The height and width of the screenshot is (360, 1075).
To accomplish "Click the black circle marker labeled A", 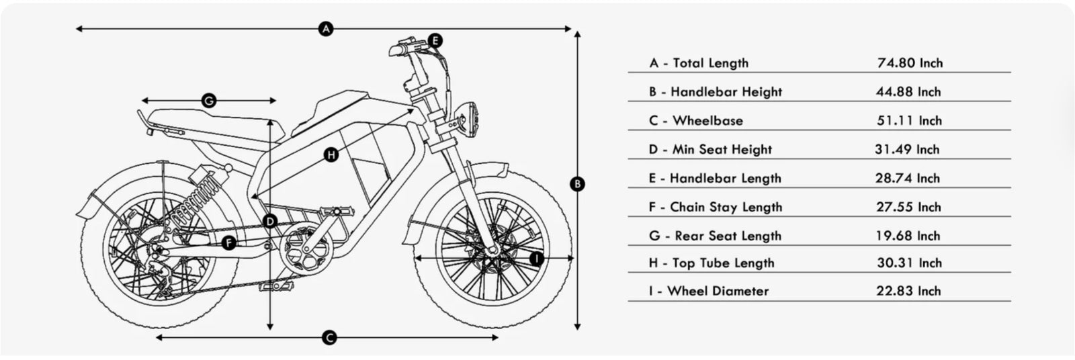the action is pyautogui.click(x=326, y=29).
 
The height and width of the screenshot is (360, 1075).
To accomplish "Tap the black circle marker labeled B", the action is pyautogui.click(x=577, y=183).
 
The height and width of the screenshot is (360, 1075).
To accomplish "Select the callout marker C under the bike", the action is pyautogui.click(x=329, y=338).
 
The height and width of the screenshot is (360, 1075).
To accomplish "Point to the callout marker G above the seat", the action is pyautogui.click(x=209, y=101).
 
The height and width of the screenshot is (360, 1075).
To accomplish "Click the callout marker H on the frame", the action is pyautogui.click(x=331, y=155).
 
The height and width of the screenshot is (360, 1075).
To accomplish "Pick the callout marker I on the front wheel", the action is pyautogui.click(x=537, y=259).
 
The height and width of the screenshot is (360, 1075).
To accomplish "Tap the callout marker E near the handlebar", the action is pyautogui.click(x=435, y=40).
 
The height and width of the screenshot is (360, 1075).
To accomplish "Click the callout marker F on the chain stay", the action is pyautogui.click(x=229, y=243).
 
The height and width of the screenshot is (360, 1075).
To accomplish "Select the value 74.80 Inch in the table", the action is pyautogui.click(x=910, y=63).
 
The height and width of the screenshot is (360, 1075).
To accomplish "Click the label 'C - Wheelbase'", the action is pyautogui.click(x=696, y=120).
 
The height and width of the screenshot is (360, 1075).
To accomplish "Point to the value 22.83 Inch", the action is pyautogui.click(x=908, y=291).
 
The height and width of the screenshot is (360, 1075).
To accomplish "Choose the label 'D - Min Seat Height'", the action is pyautogui.click(x=710, y=149).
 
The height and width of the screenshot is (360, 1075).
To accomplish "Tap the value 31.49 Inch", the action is pyautogui.click(x=907, y=149).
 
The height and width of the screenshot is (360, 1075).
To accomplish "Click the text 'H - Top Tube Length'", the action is pyautogui.click(x=712, y=263).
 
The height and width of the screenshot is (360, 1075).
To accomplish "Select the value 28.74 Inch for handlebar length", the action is pyautogui.click(x=908, y=178).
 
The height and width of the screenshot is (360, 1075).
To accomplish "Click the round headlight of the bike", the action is pyautogui.click(x=469, y=119).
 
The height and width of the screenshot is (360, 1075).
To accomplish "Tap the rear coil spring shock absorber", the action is pyautogui.click(x=198, y=197).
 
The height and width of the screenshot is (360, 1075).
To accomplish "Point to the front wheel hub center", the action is pyautogui.click(x=492, y=251).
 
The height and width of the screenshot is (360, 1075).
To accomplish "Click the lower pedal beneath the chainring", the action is pyautogui.click(x=277, y=287).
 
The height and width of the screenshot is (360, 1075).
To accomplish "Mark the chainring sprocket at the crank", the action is pyautogui.click(x=306, y=250).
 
